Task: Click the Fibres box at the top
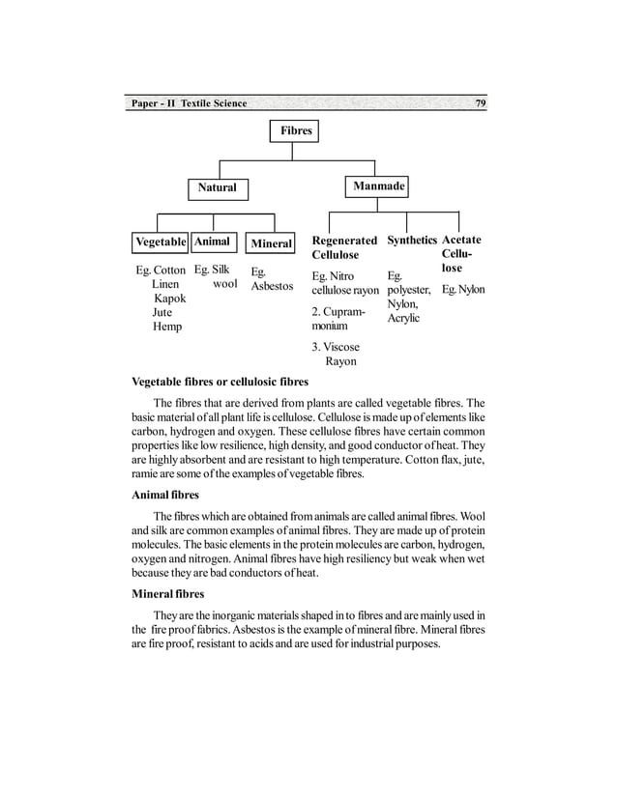(296, 130)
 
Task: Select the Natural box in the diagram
(217, 187)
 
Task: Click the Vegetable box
(161, 242)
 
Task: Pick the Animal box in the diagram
(213, 242)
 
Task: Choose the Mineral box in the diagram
(271, 243)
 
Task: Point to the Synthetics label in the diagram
(412, 240)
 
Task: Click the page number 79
(480, 103)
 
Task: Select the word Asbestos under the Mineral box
(272, 287)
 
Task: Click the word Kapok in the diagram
(169, 299)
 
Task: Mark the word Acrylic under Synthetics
(403, 318)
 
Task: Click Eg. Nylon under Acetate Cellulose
(463, 290)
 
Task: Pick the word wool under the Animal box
(224, 285)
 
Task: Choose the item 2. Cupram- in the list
(338, 312)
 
